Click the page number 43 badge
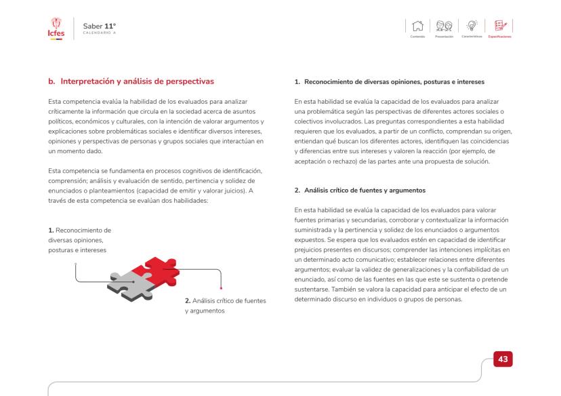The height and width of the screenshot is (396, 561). [503, 357]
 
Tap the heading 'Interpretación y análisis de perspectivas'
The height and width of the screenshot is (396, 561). [131, 82]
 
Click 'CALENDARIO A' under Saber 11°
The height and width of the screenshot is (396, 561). [98, 33]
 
